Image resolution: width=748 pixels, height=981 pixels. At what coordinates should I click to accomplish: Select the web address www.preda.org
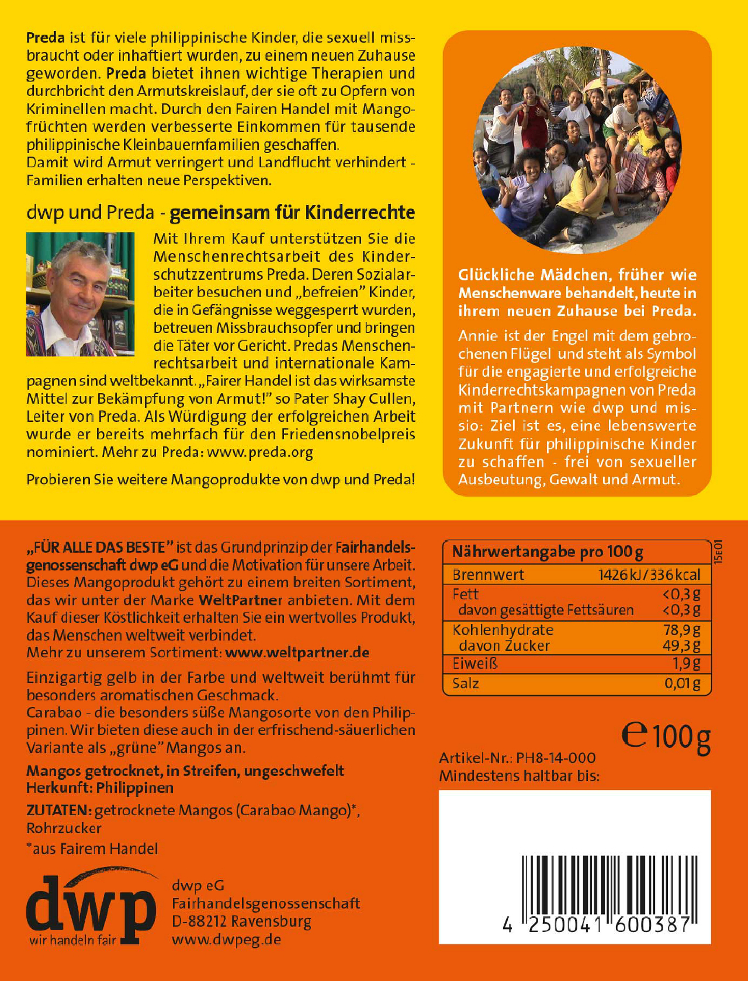tap(260, 452)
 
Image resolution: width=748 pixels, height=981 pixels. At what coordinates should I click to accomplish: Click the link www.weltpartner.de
tap(297, 653)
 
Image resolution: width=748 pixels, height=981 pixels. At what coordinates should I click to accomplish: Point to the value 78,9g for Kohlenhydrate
tap(681, 630)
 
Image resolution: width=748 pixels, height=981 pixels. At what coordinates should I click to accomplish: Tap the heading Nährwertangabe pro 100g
tap(548, 552)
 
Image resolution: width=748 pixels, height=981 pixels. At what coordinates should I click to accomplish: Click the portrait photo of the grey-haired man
tap(80, 294)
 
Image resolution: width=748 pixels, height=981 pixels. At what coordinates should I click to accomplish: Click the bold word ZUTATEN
tap(59, 810)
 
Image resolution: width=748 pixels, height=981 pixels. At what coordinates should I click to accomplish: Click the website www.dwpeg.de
tap(226, 939)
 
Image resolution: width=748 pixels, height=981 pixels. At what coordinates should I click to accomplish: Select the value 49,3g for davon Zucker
tap(681, 645)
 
